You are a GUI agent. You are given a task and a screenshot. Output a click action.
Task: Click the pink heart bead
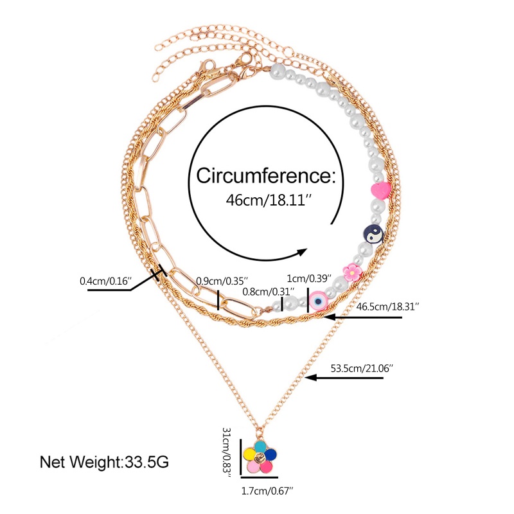pyautogui.click(x=381, y=190)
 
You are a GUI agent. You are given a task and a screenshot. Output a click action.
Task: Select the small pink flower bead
pyautogui.click(x=352, y=272)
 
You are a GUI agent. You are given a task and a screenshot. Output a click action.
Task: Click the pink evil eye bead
pyautogui.click(x=318, y=299)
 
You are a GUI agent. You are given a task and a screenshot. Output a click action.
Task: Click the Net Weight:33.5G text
pyautogui.click(x=105, y=461)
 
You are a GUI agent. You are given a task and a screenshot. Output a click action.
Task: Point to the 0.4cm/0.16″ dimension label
pyautogui.click(x=105, y=281)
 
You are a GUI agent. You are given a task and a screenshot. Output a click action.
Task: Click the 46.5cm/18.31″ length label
pyautogui.click(x=388, y=308)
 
